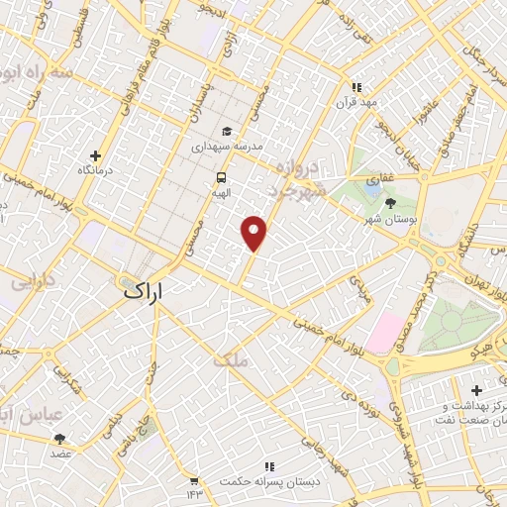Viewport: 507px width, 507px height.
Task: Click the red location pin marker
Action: (254, 233)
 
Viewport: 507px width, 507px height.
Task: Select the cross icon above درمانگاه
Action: (96, 155)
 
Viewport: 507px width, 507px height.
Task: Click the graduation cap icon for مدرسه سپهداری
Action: (227, 132)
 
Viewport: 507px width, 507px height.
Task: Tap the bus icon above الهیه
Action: (221, 178)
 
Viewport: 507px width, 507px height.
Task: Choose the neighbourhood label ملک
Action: (229, 361)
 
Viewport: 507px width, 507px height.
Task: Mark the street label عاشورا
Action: (425, 120)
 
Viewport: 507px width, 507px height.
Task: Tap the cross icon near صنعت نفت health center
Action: (477, 389)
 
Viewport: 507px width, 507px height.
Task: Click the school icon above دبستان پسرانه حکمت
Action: (266, 466)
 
